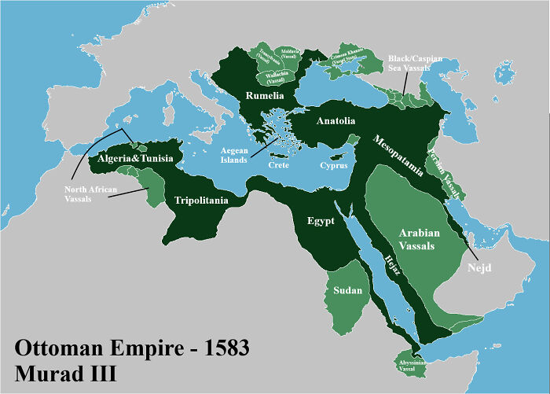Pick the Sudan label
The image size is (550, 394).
[x=348, y=291]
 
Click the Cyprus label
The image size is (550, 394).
[x=335, y=166]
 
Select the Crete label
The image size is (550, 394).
[x=278, y=165]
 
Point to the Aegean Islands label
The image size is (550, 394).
[x=234, y=154]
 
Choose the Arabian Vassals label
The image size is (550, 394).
[x=430, y=240]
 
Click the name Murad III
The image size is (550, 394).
[x=66, y=372]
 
